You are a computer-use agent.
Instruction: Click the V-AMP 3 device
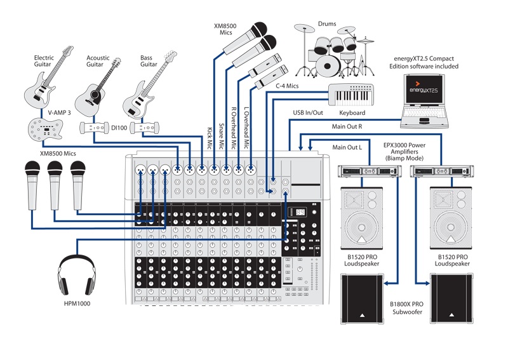[x=43, y=130]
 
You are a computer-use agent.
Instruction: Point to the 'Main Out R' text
[x=347, y=126]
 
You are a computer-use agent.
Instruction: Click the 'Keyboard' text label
[x=352, y=113]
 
